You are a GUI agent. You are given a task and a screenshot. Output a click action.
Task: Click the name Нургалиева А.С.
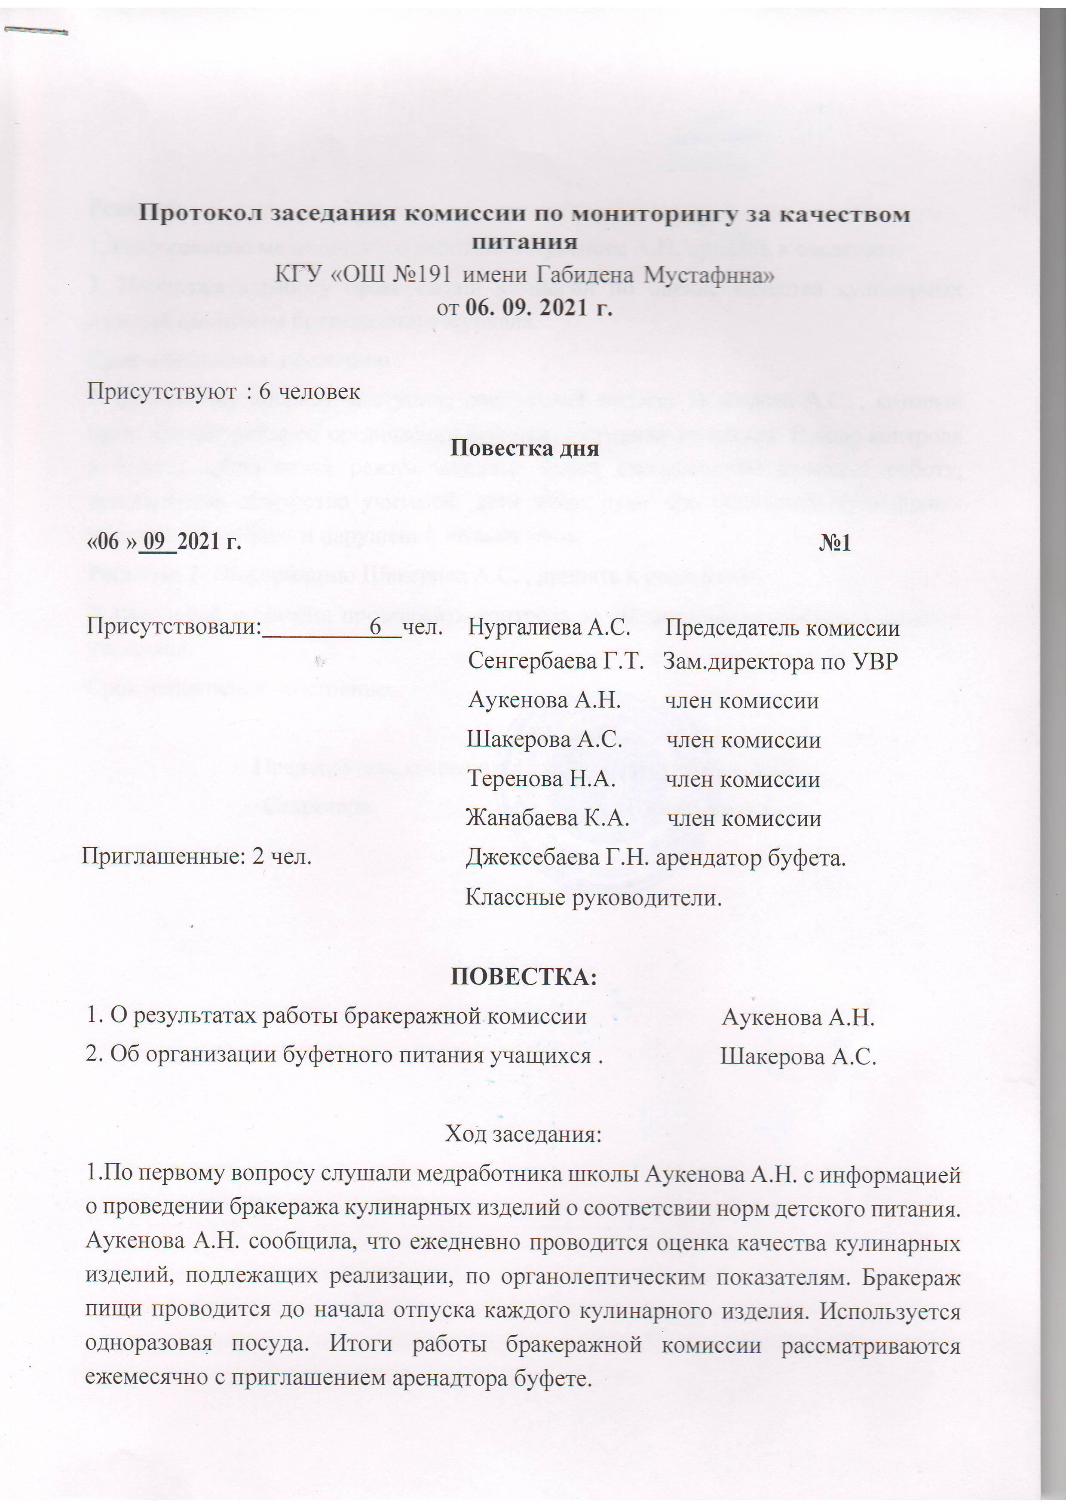pos(549,628)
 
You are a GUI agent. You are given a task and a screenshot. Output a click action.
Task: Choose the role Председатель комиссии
pos(781,628)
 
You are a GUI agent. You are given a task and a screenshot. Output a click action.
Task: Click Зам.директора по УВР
pos(780,662)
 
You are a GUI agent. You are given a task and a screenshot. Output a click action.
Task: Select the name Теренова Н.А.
pos(541,779)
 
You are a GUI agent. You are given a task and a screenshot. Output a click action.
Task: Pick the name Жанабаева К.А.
pos(548,818)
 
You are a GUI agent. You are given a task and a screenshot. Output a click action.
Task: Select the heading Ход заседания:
pos(524,1134)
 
